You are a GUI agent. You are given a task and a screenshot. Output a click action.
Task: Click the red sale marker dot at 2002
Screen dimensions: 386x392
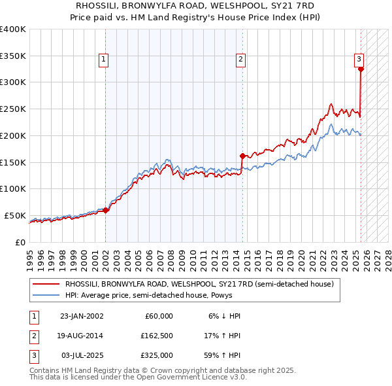tap(106, 210)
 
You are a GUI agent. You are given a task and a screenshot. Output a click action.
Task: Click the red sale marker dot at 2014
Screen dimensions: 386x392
tap(242, 156)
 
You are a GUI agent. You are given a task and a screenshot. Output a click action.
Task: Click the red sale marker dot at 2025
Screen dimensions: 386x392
tap(361, 68)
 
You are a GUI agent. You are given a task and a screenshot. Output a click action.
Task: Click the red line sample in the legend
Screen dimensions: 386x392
tap(45, 285)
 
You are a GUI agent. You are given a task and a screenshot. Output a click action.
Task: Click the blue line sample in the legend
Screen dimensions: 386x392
tap(45, 295)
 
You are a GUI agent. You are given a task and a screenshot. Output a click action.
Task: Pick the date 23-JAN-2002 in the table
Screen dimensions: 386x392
tap(82, 316)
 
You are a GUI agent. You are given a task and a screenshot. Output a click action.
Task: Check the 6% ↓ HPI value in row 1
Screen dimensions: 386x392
tap(224, 316)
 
